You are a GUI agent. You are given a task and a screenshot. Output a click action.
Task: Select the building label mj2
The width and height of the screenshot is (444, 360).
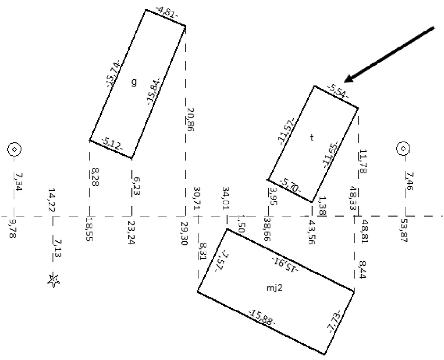coord(275,288)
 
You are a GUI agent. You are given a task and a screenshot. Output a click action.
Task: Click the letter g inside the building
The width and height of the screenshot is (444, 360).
coord(134,83)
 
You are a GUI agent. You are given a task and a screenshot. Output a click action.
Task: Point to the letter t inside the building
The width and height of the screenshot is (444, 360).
coord(312,137)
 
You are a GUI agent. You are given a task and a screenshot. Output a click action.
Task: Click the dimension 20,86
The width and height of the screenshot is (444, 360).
coord(191,119)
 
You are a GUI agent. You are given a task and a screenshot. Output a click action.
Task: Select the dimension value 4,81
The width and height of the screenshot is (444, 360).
coord(167,13)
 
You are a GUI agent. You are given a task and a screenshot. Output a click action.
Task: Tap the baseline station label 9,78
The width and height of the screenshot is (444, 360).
coord(13,229)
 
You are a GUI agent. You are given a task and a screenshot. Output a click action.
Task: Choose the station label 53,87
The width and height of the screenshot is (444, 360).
coord(404,230)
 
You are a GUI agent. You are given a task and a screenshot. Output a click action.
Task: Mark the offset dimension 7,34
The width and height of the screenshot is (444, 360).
coord(18,182)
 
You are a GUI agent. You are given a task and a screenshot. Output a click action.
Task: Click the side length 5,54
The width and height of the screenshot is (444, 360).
coord(338,91)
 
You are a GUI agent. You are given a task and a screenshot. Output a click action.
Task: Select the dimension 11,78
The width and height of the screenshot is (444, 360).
coord(363,161)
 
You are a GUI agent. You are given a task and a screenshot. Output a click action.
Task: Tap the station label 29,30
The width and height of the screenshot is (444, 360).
coord(185,233)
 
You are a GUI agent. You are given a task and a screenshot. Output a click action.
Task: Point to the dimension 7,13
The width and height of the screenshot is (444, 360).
coord(57,249)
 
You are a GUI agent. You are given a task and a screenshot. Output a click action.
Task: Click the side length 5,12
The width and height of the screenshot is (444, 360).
coord(112,144)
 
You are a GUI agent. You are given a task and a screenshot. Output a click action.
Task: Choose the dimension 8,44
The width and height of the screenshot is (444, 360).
coord(362,269)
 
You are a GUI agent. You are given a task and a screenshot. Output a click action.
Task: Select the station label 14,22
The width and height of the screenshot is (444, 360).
coord(51,200)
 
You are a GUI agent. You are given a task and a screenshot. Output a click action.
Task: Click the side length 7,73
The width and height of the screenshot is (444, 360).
coord(334,322)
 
